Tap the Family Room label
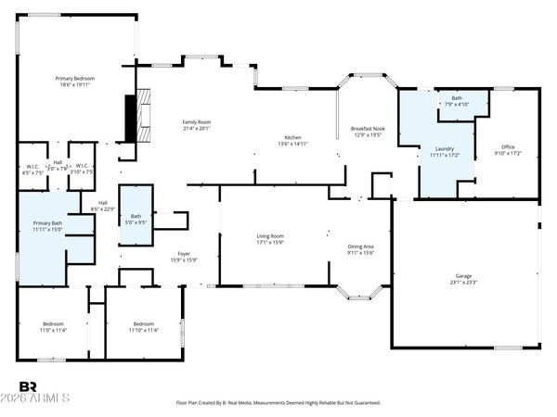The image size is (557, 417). pyautogui.click(x=196, y=122)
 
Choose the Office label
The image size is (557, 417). pyautogui.click(x=508, y=146)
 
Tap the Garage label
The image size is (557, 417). pyautogui.click(x=463, y=276)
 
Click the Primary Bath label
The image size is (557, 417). pyautogui.click(x=48, y=223)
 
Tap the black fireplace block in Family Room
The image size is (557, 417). pyautogui.click(x=130, y=112)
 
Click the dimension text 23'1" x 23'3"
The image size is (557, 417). pyautogui.click(x=463, y=283)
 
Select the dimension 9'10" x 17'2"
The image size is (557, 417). pyautogui.click(x=508, y=153)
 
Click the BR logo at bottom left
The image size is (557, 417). pyautogui.click(x=28, y=385)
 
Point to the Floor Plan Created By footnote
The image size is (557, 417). pyautogui.click(x=278, y=403)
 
